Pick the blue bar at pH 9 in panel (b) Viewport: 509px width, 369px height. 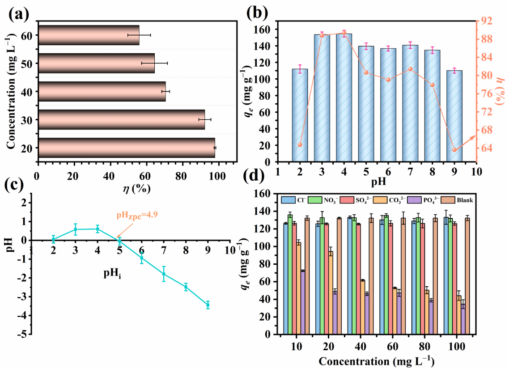click(454, 116)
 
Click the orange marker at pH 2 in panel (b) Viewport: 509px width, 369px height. click(300, 144)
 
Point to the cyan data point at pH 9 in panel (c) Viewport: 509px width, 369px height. click(208, 305)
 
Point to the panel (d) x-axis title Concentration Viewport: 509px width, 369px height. click(377, 361)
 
